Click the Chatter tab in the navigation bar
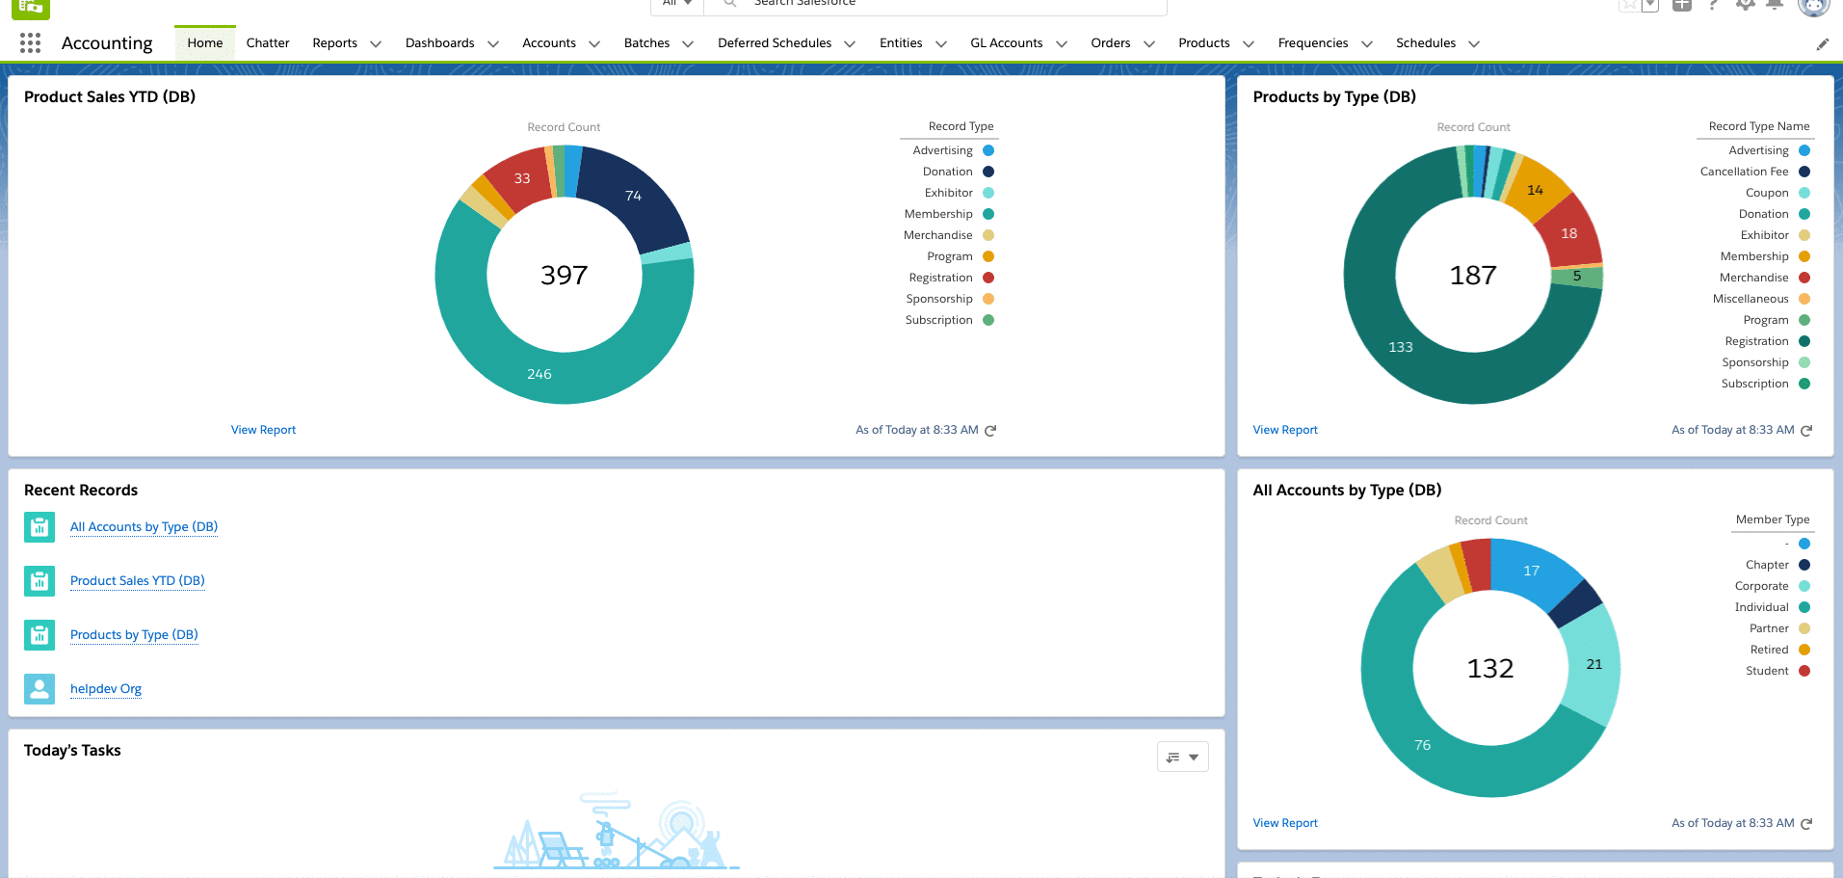(267, 43)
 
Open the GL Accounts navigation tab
(1006, 43)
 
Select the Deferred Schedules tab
(774, 43)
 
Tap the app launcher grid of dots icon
(30, 43)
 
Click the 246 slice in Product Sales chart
(540, 374)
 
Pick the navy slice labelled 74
(633, 196)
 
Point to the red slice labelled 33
(521, 178)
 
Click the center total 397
(564, 276)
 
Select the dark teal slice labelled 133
(1401, 347)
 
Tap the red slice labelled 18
(1568, 233)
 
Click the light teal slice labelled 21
(1593, 664)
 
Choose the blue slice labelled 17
(1531, 571)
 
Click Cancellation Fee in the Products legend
(1744, 172)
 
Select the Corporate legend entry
(1761, 586)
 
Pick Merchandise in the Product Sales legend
(937, 235)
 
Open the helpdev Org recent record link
(106, 689)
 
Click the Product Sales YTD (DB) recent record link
(137, 581)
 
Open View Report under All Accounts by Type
(1285, 823)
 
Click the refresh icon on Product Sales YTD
(990, 431)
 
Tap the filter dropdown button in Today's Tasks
(1182, 758)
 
